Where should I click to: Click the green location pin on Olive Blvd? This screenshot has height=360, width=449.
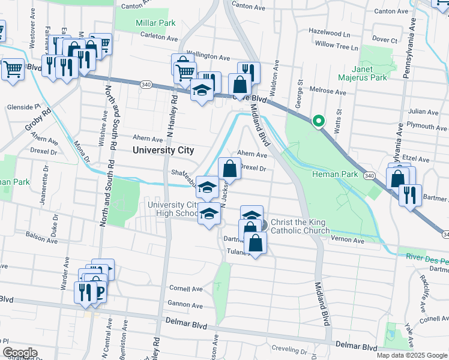319,121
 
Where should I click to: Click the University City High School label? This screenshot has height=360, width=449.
172,209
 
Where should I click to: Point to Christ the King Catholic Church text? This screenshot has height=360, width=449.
300,226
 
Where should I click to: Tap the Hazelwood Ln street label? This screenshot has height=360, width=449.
329,34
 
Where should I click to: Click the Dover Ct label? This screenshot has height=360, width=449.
385,39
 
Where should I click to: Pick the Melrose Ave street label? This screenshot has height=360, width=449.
328,92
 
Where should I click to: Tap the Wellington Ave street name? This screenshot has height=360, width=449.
209,58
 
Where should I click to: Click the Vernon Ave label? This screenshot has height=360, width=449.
348,240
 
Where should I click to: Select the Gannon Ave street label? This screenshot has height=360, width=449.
185,304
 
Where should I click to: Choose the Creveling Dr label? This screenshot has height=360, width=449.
289,349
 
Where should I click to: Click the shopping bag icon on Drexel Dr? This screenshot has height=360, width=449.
229,169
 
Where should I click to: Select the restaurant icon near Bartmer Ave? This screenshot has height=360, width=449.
410,196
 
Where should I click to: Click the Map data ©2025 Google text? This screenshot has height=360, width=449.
412,355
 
